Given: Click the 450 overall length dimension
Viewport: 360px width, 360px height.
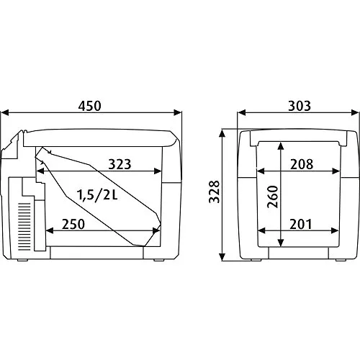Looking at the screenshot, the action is pos(90,106).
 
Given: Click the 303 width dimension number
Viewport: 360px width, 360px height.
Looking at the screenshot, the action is pos(300,106).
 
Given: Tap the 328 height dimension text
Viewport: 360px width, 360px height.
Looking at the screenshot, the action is pos(214,192).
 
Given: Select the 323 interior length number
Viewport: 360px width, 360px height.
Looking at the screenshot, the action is pos(120,164).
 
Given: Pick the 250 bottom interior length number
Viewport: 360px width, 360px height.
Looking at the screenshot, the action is pos(73,225).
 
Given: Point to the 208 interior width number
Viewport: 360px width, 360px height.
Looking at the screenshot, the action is pos(302,164).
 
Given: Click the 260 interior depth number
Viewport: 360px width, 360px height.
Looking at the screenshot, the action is pos(273,197).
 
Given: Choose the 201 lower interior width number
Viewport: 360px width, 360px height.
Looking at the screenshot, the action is pos(300,225).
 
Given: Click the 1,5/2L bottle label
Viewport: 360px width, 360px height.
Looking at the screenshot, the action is pos(97,195).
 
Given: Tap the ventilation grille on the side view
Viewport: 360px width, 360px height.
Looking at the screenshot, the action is pos(24,227).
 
